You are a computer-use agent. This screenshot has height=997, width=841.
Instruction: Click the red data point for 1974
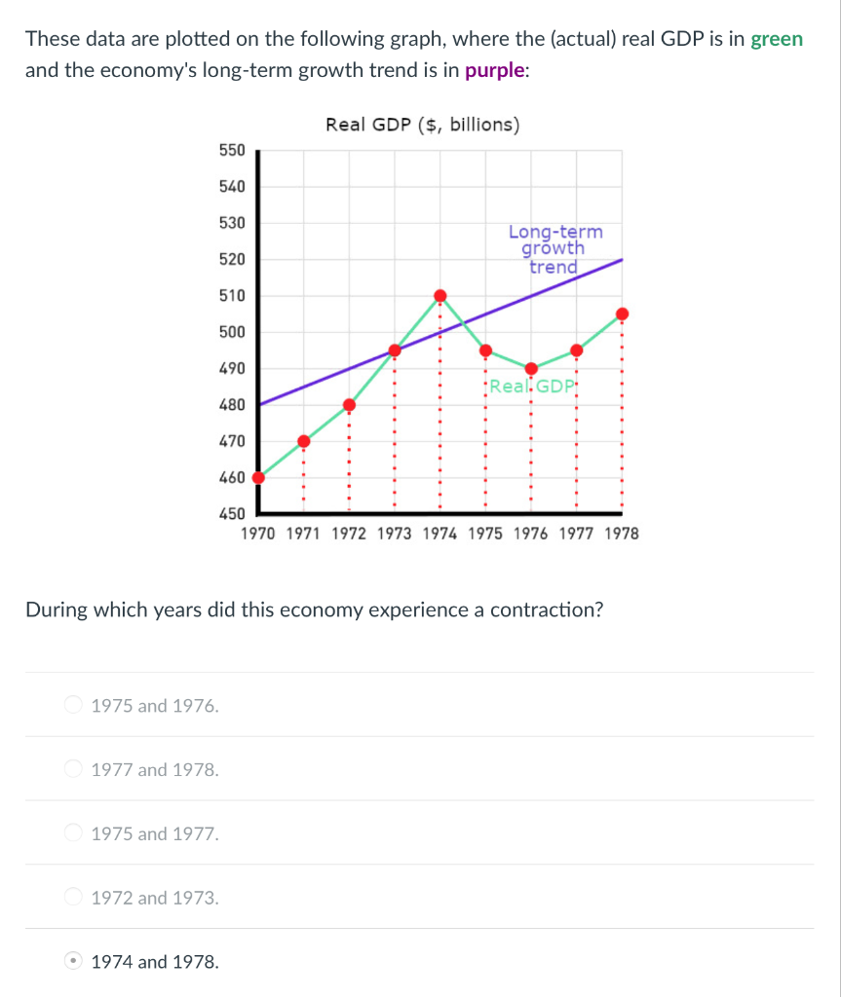pos(440,295)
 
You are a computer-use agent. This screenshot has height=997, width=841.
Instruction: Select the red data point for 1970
pos(258,477)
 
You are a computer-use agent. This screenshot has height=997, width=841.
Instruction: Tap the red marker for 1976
pos(531,368)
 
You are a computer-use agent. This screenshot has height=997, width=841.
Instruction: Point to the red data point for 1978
pos(622,314)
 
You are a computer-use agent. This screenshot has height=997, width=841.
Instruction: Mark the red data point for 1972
pos(349,405)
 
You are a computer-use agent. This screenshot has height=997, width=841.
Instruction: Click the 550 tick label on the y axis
pos(232,150)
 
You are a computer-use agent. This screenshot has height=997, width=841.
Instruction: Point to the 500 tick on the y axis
pos(232,332)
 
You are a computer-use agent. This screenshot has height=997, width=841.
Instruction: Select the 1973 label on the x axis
pos(394,534)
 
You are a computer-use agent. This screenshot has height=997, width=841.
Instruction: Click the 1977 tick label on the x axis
pos(576,534)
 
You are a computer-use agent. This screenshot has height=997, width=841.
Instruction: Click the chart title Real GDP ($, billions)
pos(423,125)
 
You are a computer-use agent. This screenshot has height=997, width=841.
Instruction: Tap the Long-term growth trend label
pos(554,249)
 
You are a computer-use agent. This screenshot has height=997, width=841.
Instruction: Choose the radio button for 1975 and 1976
pos(73,705)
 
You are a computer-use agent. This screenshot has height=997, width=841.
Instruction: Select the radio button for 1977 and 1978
pos(73,769)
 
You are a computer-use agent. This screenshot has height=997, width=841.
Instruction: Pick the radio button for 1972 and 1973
pos(73,898)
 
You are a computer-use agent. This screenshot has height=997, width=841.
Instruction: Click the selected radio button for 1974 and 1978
pos(73,962)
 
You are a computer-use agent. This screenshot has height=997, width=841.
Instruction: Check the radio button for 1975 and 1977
pos(73,833)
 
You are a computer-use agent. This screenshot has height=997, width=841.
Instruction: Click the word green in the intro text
pos(777,40)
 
